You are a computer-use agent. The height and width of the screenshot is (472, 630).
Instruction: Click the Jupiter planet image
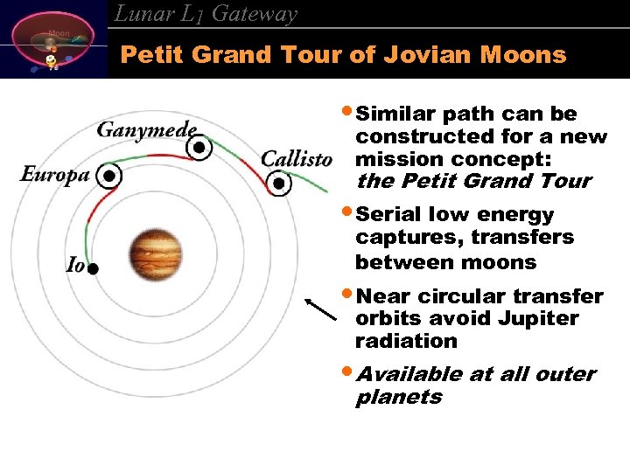(155, 253)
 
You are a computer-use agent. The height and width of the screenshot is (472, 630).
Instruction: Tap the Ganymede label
(146, 130)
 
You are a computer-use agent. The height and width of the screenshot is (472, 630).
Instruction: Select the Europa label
(55, 174)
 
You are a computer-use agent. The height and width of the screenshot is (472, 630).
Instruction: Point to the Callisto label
(297, 159)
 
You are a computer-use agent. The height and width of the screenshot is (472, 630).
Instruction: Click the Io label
(76, 265)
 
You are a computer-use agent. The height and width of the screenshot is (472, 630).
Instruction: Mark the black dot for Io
(93, 269)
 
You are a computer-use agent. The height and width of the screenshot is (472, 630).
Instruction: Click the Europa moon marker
(108, 176)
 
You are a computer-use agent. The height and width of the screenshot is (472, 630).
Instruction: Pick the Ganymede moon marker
(200, 148)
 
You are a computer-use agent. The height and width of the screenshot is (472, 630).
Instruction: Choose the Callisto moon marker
(279, 184)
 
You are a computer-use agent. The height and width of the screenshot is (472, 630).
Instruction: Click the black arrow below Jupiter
(321, 309)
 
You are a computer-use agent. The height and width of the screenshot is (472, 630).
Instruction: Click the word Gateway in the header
(255, 14)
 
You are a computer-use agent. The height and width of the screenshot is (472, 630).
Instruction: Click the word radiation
(406, 341)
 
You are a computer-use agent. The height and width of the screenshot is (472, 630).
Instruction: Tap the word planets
(399, 397)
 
